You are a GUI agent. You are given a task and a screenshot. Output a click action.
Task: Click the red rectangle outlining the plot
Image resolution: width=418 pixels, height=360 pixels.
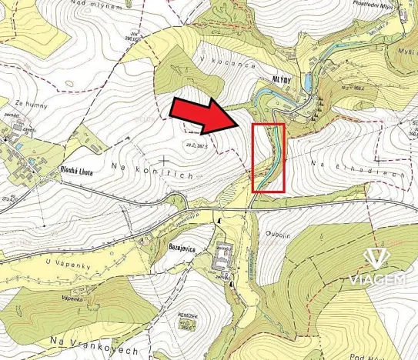(269, 157)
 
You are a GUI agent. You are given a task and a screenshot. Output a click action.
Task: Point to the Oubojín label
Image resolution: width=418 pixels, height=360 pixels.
(279, 236)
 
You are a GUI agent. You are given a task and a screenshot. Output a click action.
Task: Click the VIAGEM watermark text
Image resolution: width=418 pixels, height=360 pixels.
(377, 279)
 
